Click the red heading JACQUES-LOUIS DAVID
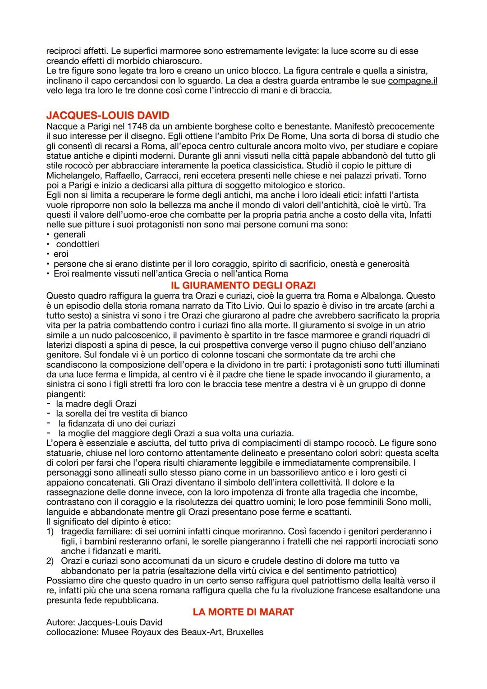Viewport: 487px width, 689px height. click(108, 116)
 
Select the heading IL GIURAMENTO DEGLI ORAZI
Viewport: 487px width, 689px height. click(243, 285)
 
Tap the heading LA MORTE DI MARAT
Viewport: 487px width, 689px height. click(243, 612)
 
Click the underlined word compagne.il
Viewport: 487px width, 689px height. click(412, 81)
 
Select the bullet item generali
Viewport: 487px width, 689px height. click(69, 234)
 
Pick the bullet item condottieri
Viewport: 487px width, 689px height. click(78, 244)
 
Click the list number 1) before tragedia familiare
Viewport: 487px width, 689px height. click(50, 531)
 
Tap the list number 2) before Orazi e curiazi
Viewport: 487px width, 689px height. click(50, 561)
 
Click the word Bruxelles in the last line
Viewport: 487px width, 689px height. click(245, 632)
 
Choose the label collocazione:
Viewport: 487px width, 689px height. click(72, 632)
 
